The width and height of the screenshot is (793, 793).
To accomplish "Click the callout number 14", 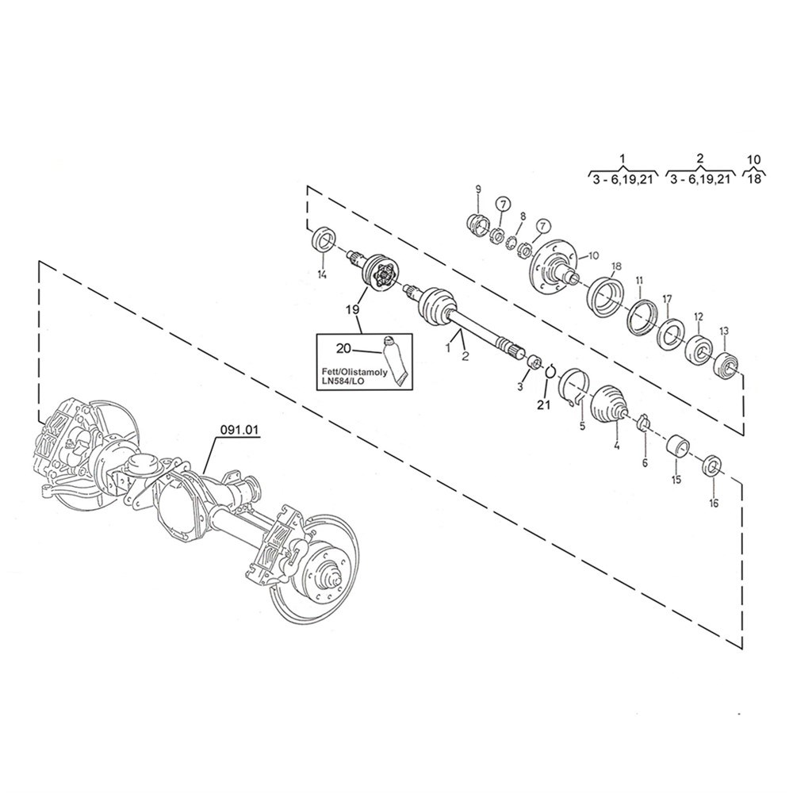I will pos(322,275).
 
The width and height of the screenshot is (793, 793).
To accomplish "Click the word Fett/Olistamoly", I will pos(350,370).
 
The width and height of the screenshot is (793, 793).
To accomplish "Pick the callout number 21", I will pos(543,406).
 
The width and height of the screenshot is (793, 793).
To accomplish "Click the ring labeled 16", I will pos(712,465).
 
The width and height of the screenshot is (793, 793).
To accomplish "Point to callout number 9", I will pos(478,189).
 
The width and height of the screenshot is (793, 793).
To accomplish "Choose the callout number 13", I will pos(722,330).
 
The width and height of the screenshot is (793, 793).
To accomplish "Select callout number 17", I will pos(667,299).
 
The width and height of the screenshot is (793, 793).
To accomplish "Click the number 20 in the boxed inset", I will pos(343,348).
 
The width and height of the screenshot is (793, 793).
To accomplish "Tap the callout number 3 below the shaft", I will pos(520,387).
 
